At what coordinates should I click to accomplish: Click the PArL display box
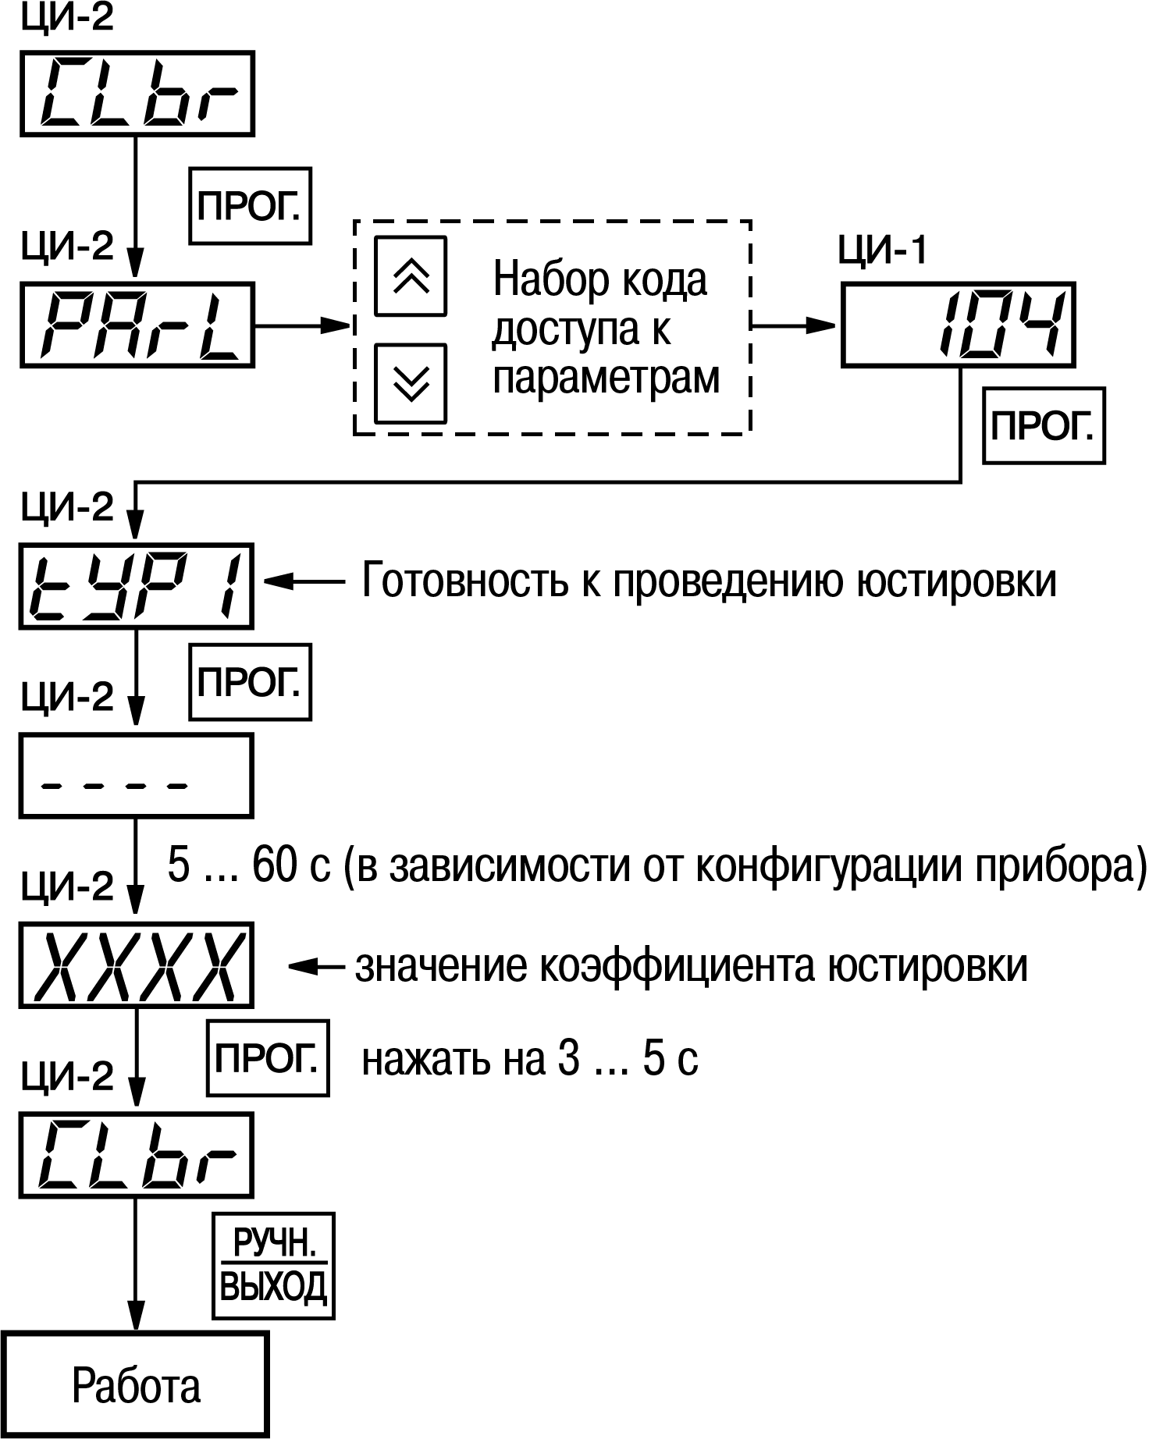pyautogui.click(x=137, y=325)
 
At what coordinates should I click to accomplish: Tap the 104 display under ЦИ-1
pyautogui.click(x=958, y=325)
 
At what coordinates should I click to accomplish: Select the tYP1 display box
pyautogui.click(x=137, y=585)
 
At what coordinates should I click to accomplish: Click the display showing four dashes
pyautogui.click(x=137, y=775)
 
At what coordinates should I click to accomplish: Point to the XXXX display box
pyautogui.click(x=137, y=965)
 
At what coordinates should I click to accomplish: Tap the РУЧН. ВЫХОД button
pyautogui.click(x=273, y=1265)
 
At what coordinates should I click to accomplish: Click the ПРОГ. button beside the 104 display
pyautogui.click(x=1044, y=426)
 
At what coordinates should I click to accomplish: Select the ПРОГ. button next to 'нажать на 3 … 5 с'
pyautogui.click(x=268, y=1058)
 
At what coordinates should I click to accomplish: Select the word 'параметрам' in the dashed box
pyautogui.click(x=606, y=378)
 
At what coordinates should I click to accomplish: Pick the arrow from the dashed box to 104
pyautogui.click(x=795, y=325)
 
